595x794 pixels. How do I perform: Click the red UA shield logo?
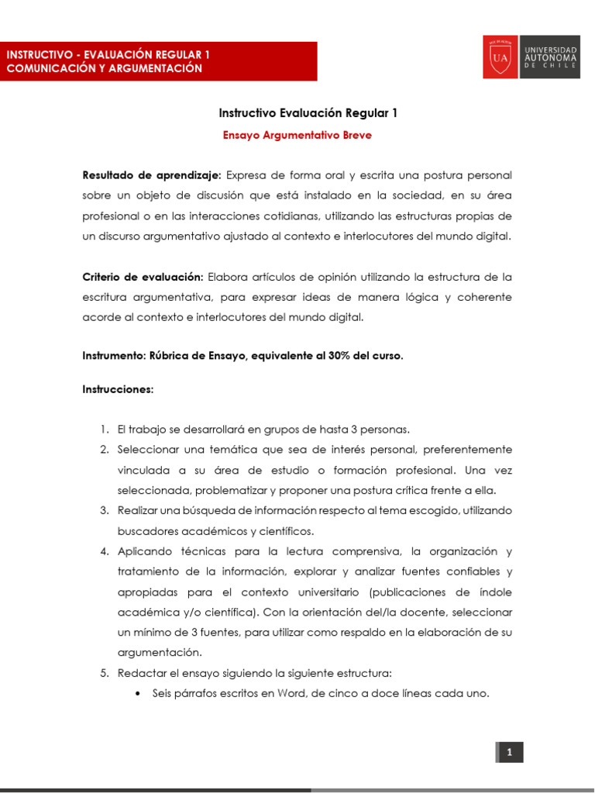tap(500, 57)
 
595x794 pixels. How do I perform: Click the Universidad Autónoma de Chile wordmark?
tap(550, 57)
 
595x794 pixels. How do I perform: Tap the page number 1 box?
tap(509, 752)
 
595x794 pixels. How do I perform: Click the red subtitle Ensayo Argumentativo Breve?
tap(297, 135)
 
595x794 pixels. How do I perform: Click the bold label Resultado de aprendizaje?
tap(152, 175)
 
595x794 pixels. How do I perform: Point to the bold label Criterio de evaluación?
tap(143, 277)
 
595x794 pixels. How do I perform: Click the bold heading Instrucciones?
tap(118, 389)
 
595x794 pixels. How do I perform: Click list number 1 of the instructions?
tap(105, 430)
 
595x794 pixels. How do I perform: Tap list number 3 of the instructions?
tap(105, 510)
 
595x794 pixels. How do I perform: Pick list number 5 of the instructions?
tap(105, 673)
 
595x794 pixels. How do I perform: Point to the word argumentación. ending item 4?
tap(160, 653)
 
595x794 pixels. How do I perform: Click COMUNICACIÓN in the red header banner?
tap(50, 68)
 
